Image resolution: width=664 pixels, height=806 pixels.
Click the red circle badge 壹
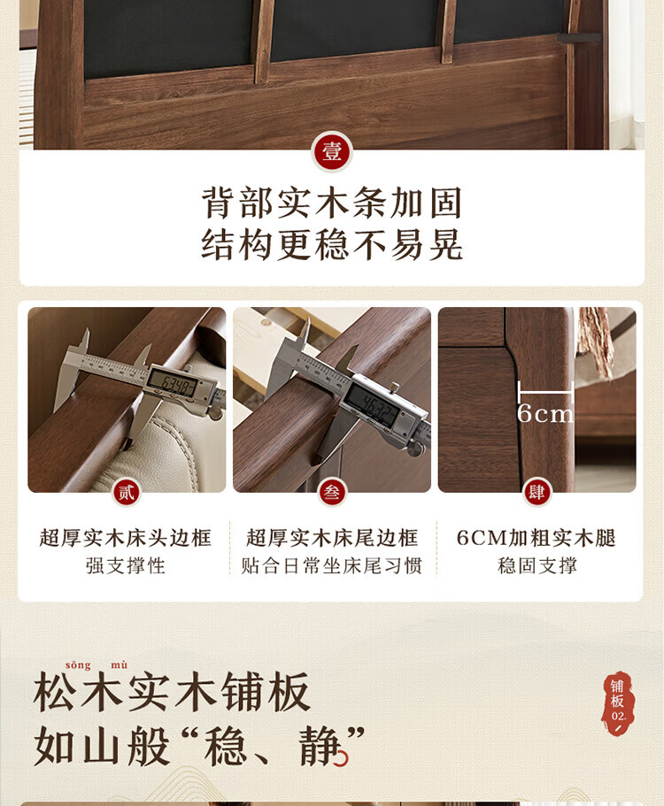(332, 151)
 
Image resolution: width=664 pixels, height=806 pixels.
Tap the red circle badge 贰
(126, 493)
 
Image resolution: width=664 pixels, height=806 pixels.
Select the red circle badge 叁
(332, 493)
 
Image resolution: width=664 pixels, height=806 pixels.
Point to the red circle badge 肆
(537, 493)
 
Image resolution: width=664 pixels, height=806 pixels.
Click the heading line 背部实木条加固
(332, 203)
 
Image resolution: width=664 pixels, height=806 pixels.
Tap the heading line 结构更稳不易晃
(332, 245)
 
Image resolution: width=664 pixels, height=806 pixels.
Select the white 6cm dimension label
(545, 413)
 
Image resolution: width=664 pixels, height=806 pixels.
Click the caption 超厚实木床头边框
(126, 538)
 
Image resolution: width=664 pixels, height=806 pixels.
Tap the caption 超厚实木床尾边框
(332, 538)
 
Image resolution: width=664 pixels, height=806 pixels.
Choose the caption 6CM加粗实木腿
(537, 538)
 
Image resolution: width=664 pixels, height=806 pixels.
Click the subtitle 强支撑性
(126, 565)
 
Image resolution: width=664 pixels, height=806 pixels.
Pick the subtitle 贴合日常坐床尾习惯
(332, 565)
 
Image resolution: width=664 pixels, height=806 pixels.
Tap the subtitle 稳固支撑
(537, 565)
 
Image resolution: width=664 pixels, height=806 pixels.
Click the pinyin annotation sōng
(78, 664)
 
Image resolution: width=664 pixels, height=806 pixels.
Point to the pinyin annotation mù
(119, 664)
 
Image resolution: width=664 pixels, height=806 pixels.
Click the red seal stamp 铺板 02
(618, 702)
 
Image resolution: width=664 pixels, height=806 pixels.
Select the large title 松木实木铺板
(172, 692)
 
